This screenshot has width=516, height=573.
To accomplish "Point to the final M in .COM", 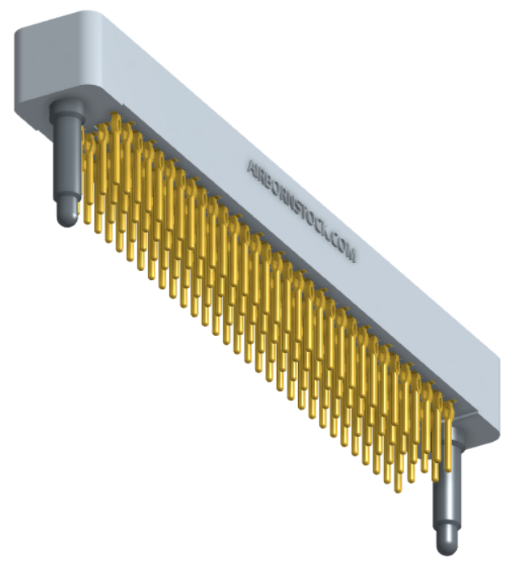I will [x=351, y=254].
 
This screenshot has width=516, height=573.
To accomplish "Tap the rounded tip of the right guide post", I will [x=447, y=547].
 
